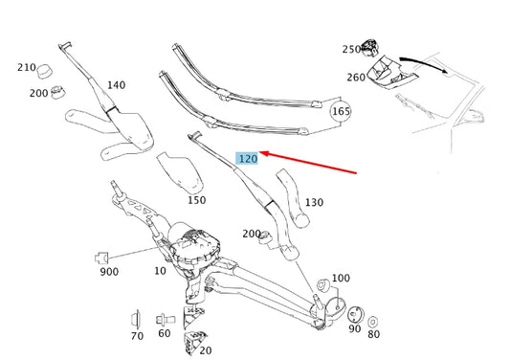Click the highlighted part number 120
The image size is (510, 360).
248,158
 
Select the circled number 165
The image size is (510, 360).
341,112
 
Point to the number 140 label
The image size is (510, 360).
116,85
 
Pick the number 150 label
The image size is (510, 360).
196,200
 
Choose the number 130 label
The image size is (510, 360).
314,202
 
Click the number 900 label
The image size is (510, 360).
108,272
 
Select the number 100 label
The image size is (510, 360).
341,278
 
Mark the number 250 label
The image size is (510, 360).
352,49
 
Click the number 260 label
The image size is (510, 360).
356,78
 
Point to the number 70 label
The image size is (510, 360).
137,335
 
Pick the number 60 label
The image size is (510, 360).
165,333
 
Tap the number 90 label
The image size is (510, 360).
355,329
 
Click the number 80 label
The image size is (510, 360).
373,335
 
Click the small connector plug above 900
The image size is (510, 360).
104,257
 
